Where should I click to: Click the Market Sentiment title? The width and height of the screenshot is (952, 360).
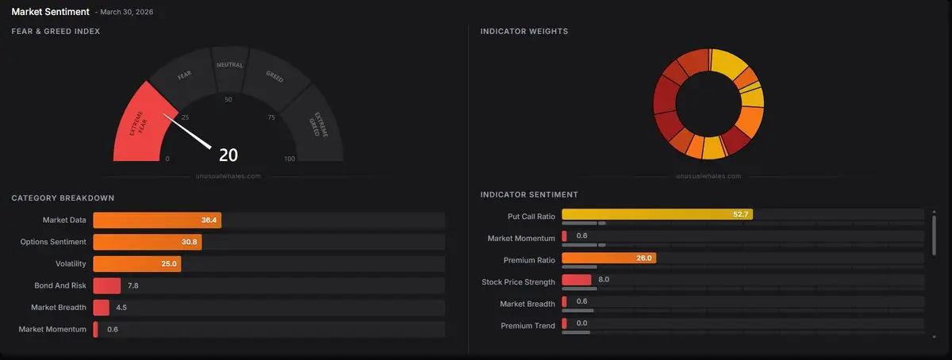point(50,12)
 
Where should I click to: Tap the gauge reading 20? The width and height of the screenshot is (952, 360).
point(228,155)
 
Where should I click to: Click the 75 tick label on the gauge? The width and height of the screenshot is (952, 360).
point(271,117)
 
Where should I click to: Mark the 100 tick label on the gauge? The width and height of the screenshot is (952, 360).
point(289,159)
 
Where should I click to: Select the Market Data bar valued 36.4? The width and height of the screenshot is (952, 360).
point(156,220)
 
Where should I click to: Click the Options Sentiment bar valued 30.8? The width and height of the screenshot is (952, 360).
point(147,242)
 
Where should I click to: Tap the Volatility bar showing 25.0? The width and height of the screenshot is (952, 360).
point(136,263)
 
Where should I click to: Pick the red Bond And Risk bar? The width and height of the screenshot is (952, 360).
point(106,285)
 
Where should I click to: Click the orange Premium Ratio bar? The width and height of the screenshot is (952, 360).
point(608,258)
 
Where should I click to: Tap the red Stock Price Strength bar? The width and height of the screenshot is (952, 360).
point(577,279)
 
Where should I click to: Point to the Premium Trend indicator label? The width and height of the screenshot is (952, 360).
point(528,325)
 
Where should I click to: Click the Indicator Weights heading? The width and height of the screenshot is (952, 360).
point(524,32)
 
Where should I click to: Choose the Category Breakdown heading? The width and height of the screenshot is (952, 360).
point(63,197)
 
